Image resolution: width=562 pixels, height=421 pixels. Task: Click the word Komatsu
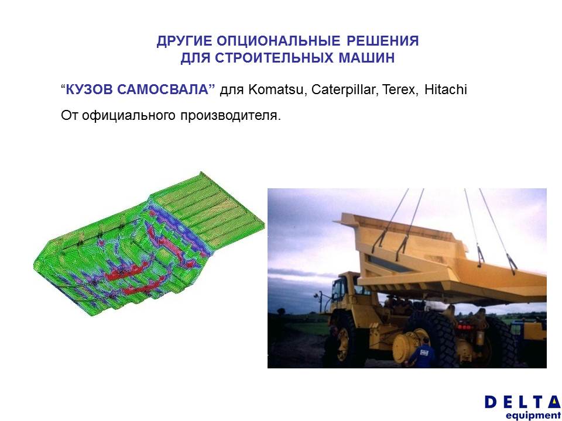[x=276, y=89]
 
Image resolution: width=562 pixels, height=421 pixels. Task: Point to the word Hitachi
[x=446, y=89]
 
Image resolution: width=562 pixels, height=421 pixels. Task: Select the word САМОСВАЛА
[x=163, y=89]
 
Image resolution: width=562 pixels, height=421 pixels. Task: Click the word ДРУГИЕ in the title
[x=184, y=41]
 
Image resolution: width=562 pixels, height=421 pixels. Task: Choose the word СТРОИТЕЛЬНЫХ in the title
[x=274, y=58]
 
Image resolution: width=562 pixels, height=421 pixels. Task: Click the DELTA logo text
[x=523, y=402]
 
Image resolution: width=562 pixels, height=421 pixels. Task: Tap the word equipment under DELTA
[x=533, y=415]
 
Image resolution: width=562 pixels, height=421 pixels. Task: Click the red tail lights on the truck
[x=465, y=327]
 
